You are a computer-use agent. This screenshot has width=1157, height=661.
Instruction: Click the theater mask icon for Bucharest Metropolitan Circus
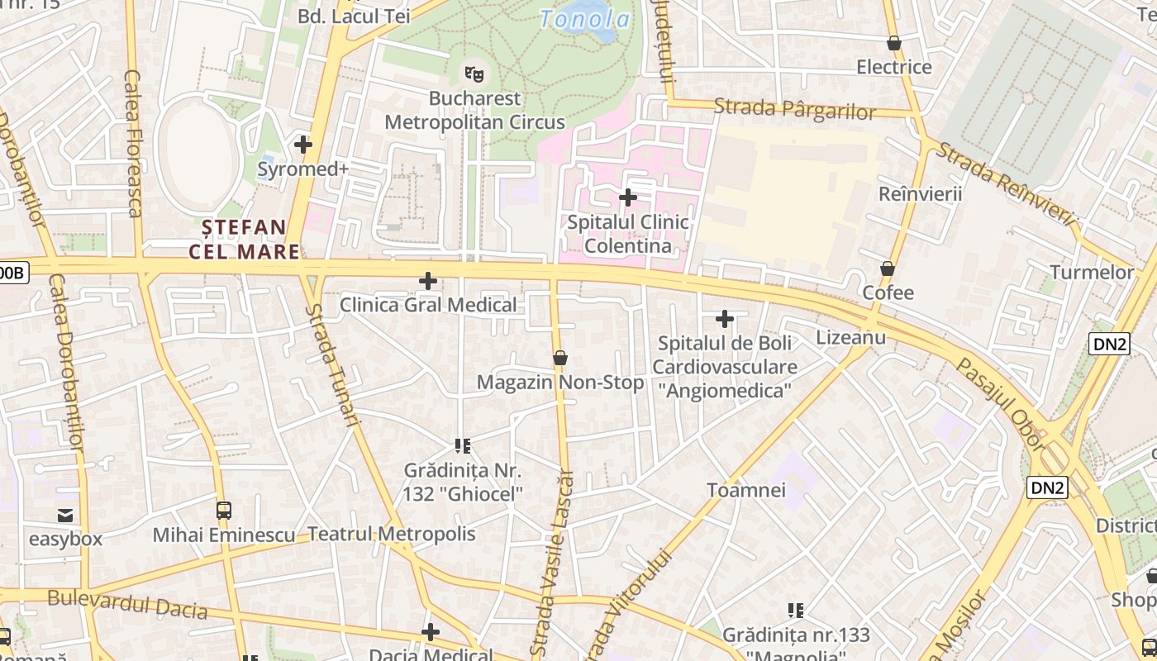tap(474, 74)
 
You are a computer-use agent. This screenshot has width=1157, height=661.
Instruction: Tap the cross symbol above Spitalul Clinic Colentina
tap(628, 197)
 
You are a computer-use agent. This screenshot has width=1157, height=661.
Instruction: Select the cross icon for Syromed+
tap(303, 145)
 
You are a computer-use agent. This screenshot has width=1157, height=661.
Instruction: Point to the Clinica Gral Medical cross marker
tap(428, 281)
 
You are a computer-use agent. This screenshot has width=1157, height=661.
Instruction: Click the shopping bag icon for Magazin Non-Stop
tap(560, 358)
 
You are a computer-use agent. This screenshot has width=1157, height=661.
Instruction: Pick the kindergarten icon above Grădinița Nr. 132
tap(463, 446)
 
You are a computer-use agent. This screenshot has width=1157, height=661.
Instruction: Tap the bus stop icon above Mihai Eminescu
tap(224, 510)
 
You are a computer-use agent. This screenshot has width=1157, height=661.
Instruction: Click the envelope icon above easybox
tap(65, 516)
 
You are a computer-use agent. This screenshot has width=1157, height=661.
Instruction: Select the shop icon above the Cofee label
tap(888, 269)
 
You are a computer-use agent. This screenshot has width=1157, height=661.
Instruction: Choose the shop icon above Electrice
tap(893, 43)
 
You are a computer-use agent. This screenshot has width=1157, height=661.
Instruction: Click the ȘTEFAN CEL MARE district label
tap(245, 239)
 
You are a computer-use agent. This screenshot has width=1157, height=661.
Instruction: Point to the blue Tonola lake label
tap(585, 18)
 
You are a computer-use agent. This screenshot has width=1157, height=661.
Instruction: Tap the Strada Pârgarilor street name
tap(794, 109)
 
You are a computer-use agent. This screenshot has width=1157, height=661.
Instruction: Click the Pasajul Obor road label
tap(1001, 404)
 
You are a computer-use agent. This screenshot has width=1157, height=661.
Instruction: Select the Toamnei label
tap(746, 490)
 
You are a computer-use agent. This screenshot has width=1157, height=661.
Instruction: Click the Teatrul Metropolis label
tap(392, 534)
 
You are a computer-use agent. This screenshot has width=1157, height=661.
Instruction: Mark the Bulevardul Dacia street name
tap(127, 604)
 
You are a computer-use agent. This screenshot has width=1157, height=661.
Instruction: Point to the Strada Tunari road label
tap(334, 364)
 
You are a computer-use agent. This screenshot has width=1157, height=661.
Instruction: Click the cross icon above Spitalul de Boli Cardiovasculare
tap(725, 319)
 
